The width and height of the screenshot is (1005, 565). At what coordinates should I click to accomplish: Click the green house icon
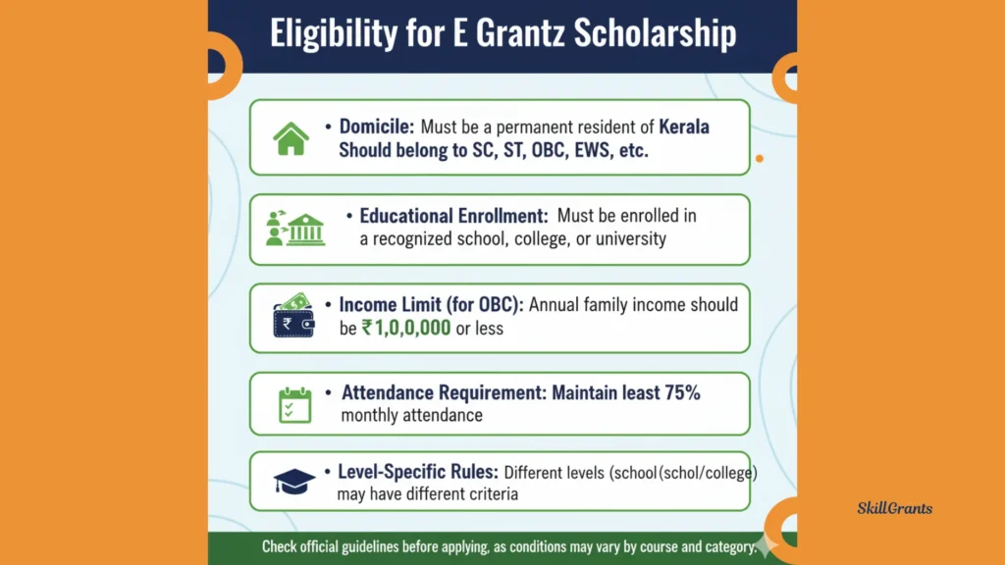pos(291,138)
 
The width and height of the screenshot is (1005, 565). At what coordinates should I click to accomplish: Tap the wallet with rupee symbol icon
pos(293,316)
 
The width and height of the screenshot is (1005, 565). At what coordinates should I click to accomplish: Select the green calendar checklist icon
pos(294,405)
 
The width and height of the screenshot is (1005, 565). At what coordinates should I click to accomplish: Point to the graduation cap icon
pos(294,481)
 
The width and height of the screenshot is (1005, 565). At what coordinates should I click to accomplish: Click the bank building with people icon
pos(295,229)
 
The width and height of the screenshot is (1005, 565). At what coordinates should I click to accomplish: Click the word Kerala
pos(684,127)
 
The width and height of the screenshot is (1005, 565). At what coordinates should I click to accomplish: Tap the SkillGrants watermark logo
pos(895,509)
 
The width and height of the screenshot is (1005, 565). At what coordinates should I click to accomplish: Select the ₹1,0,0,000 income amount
pos(406,328)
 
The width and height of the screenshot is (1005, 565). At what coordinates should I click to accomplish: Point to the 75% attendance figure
pos(682,392)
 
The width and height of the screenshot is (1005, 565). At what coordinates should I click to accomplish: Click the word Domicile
pos(377,127)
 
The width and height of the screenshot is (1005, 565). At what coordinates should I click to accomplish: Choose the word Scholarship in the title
pos(655,32)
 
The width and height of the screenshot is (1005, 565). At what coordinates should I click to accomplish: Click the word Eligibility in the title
pos(334,33)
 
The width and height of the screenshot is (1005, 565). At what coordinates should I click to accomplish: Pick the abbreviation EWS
pos(592,150)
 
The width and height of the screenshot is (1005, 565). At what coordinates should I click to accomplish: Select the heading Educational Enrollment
pos(453,216)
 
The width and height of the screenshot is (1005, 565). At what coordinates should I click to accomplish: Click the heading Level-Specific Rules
pos(418,472)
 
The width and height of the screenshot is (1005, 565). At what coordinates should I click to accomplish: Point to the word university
pos(631,239)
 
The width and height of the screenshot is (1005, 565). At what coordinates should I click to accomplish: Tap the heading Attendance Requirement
pos(444,392)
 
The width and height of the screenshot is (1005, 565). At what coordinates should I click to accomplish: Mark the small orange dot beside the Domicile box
pos(760,158)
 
